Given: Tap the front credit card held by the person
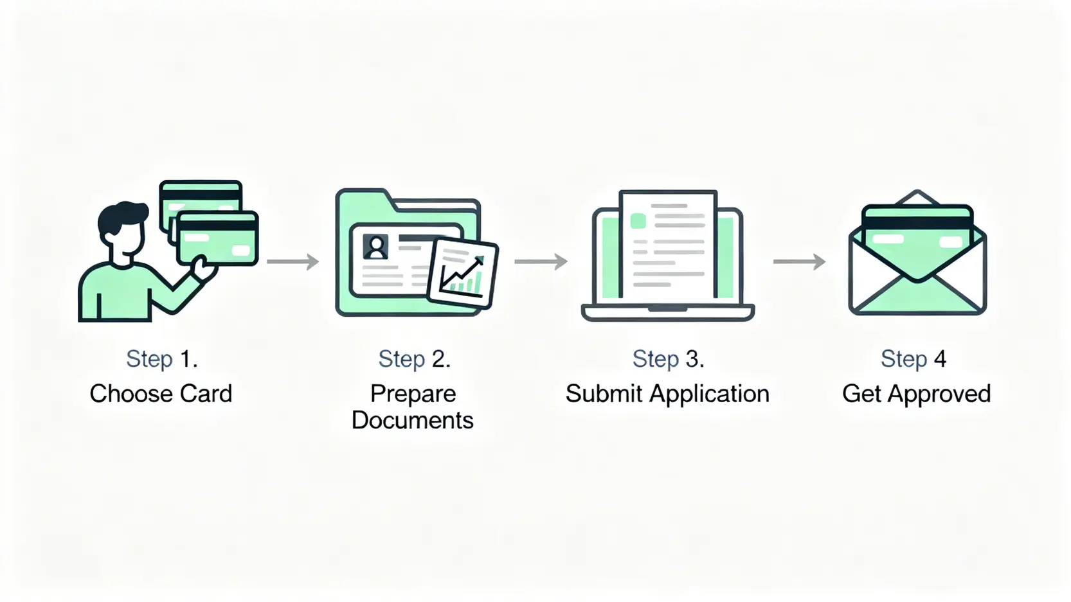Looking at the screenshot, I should click(x=219, y=239).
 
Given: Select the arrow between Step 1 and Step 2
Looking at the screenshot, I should click(x=293, y=261).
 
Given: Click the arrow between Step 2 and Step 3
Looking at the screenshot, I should click(x=541, y=261).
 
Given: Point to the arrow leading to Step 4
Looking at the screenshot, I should click(x=799, y=261).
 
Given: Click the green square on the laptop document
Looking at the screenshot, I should click(x=638, y=222).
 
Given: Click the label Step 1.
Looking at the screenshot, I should click(x=161, y=359).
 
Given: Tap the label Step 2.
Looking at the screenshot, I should click(x=414, y=359).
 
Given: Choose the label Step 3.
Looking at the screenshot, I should click(x=668, y=359).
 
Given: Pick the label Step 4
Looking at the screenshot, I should click(x=913, y=359).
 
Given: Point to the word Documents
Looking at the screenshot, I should click(x=412, y=420).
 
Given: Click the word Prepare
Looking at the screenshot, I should click(x=413, y=394).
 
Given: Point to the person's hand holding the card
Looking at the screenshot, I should click(x=203, y=267).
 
